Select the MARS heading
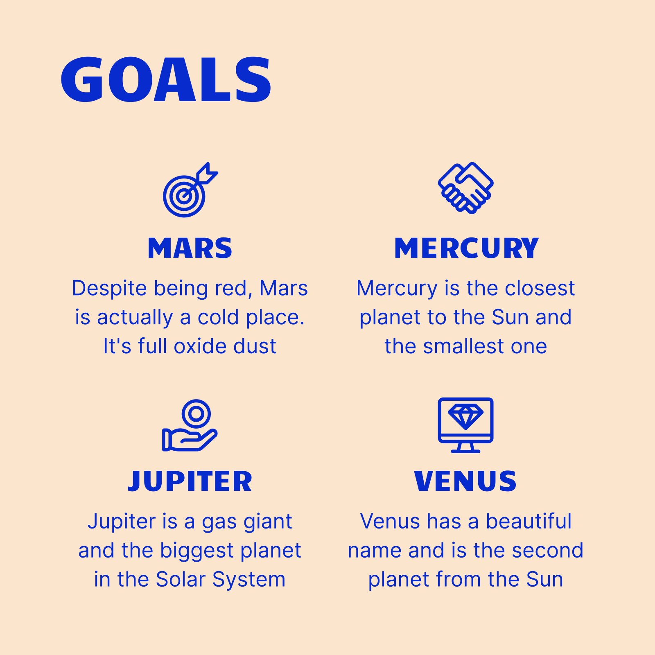tap(190, 248)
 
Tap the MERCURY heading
tap(466, 248)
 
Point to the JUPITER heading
tap(190, 481)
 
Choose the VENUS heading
tap(465, 481)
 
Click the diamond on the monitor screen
tap(465, 417)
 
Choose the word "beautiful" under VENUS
tap(529, 521)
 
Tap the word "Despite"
tap(109, 288)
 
